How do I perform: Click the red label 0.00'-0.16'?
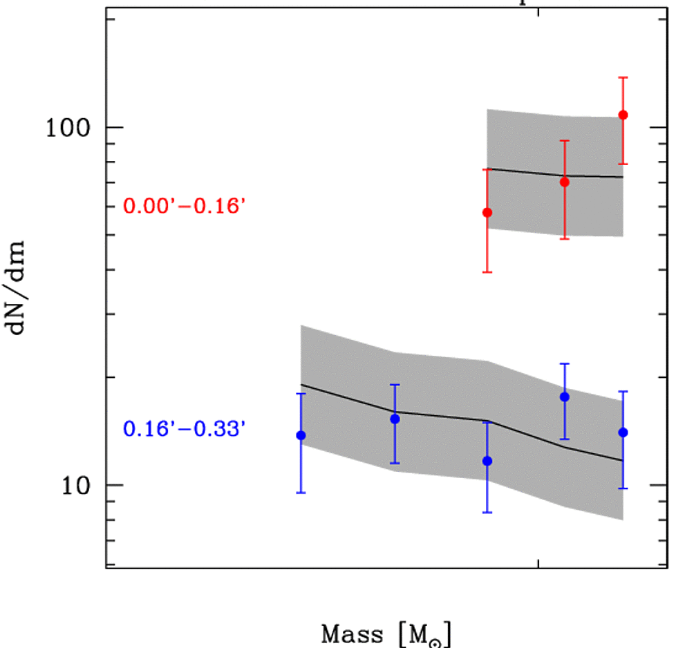pos(185,206)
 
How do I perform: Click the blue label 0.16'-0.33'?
pos(185,430)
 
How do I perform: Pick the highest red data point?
pos(623,115)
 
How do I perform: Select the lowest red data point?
pos(487,213)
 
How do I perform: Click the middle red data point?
pos(564,182)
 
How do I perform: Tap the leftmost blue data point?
pos(301,435)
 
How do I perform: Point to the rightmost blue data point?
pos(623,432)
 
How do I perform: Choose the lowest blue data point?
pos(487,461)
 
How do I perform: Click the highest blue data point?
pos(564,397)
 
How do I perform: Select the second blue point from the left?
pos(395,419)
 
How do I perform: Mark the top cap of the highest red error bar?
pos(623,77)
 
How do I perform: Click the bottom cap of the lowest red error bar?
pos(487,272)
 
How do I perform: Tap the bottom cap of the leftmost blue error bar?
pos(301,493)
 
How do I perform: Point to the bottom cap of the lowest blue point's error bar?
pos(487,513)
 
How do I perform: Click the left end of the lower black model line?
pos(301,384)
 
